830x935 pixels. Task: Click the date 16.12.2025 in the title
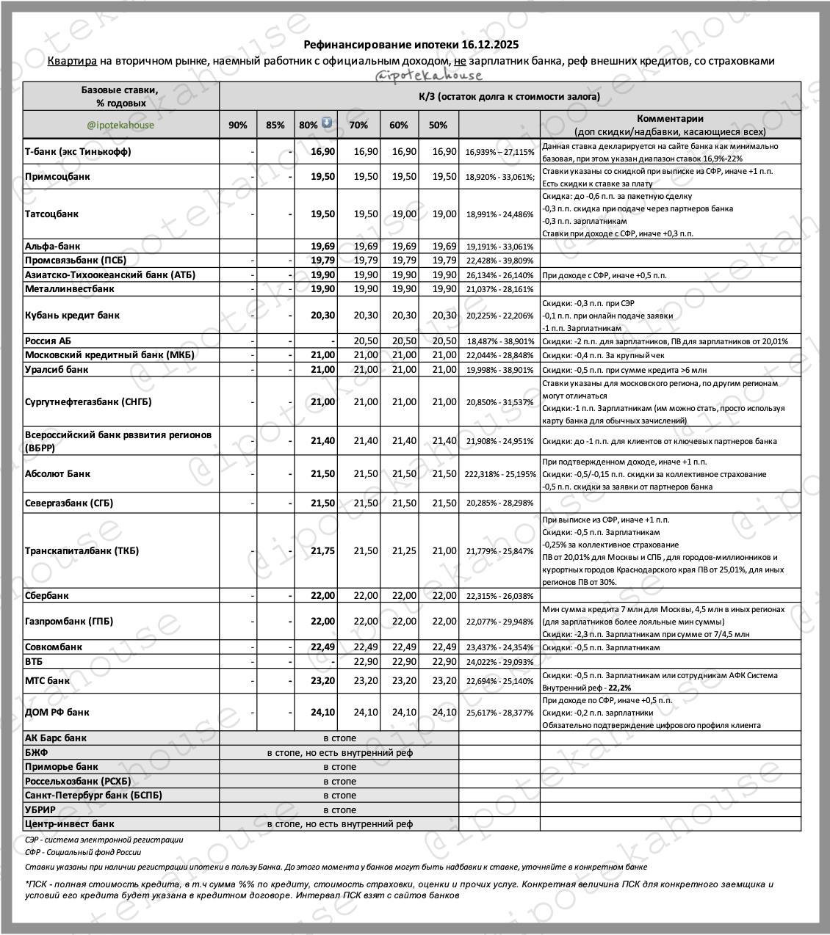pyautogui.click(x=491, y=45)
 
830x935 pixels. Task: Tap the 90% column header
pyautogui.click(x=238, y=125)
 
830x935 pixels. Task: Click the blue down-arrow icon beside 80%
pyautogui.click(x=327, y=123)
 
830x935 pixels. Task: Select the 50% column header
pyautogui.click(x=438, y=125)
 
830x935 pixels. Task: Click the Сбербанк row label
pyautogui.click(x=47, y=595)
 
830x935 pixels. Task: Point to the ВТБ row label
pyautogui.click(x=35, y=661)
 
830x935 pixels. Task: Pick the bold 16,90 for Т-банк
pyautogui.click(x=322, y=151)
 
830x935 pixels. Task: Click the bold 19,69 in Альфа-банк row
pyautogui.click(x=322, y=246)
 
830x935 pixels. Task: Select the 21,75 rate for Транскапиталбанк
pyautogui.click(x=322, y=550)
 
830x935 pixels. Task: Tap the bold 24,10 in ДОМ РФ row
pyautogui.click(x=322, y=712)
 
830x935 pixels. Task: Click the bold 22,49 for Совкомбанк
pyautogui.click(x=322, y=647)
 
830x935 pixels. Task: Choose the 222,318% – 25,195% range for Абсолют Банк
pyautogui.click(x=500, y=474)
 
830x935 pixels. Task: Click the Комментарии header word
pyautogui.click(x=670, y=118)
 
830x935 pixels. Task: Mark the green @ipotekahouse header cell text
pyautogui.click(x=120, y=125)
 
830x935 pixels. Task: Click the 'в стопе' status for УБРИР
pyautogui.click(x=339, y=810)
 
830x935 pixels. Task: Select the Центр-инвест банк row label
pyautogui.click(x=70, y=823)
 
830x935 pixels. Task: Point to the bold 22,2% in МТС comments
pyautogui.click(x=618, y=688)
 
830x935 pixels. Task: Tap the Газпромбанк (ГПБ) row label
pyautogui.click(x=69, y=621)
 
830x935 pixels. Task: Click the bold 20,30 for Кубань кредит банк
pyautogui.click(x=322, y=315)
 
